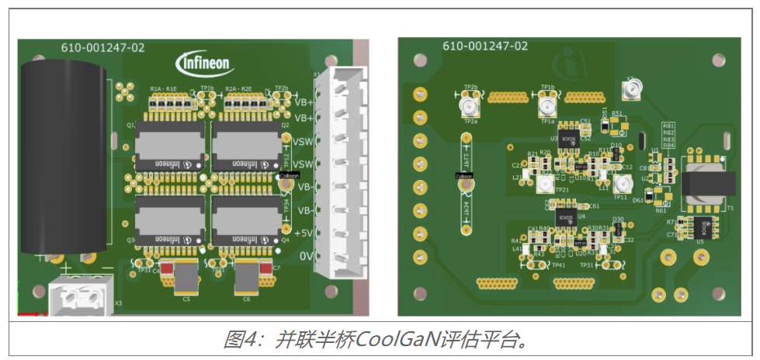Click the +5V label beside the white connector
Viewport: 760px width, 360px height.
(x=304, y=234)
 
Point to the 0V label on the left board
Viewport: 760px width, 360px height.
(x=307, y=257)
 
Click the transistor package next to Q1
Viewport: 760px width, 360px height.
(x=170, y=145)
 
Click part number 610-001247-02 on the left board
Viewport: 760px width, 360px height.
(x=102, y=48)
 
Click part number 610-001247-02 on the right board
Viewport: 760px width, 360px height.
(x=485, y=47)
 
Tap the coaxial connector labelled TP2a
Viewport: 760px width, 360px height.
(x=470, y=106)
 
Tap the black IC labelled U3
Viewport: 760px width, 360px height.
(x=567, y=140)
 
